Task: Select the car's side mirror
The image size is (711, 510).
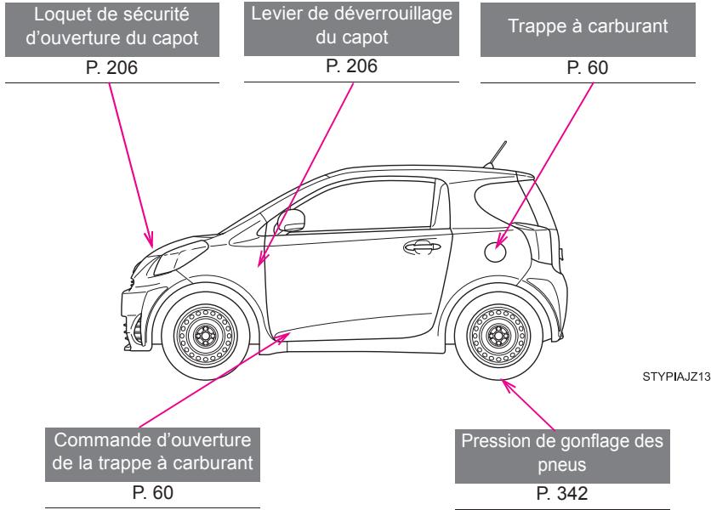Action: click(x=292, y=221)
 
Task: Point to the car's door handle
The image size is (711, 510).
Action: click(x=418, y=246)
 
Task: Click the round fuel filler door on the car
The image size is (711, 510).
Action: click(x=495, y=249)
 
